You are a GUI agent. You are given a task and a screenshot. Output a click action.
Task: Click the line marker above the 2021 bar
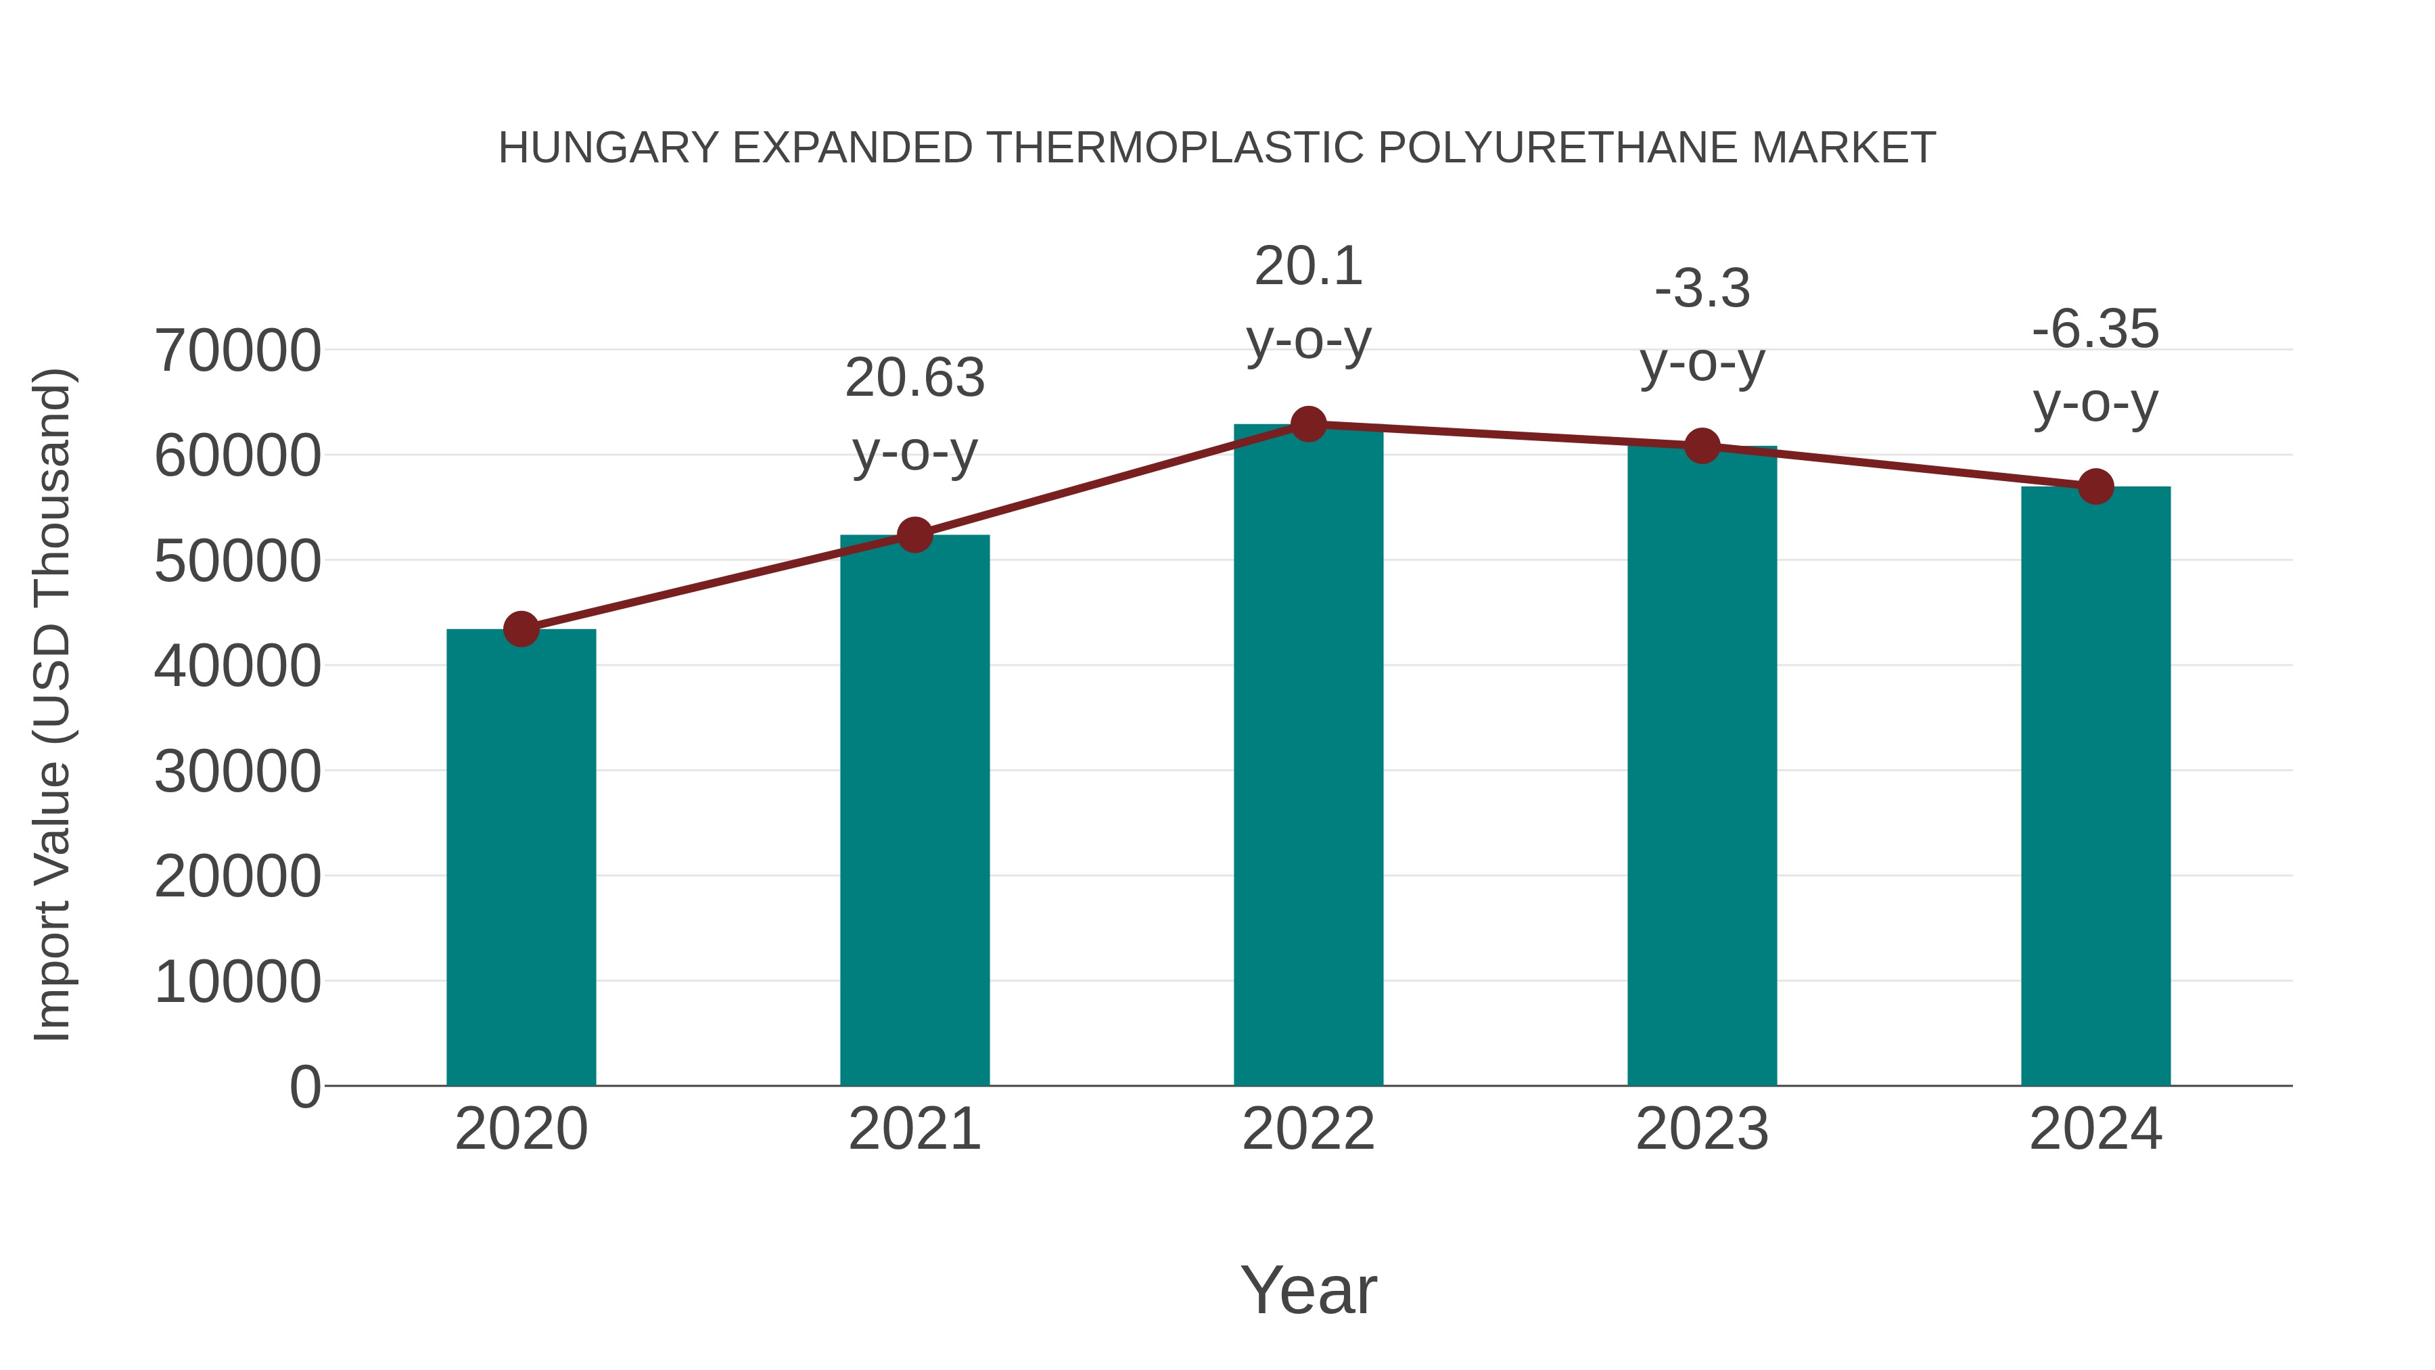(914, 535)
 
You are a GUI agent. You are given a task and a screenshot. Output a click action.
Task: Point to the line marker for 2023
(1702, 447)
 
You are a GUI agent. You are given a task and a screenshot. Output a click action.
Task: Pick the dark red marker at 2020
(521, 629)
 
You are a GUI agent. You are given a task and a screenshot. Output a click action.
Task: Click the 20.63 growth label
(914, 378)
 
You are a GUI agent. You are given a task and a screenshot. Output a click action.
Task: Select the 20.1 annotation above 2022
(1308, 267)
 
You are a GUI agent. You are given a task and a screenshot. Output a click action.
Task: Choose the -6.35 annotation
(2095, 330)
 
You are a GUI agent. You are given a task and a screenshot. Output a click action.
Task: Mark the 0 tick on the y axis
(304, 1087)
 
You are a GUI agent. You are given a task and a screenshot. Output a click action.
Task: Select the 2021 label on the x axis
(914, 1129)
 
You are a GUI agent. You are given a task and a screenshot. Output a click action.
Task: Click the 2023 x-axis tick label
(1702, 1129)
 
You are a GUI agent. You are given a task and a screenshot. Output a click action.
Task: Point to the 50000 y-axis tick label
(237, 562)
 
